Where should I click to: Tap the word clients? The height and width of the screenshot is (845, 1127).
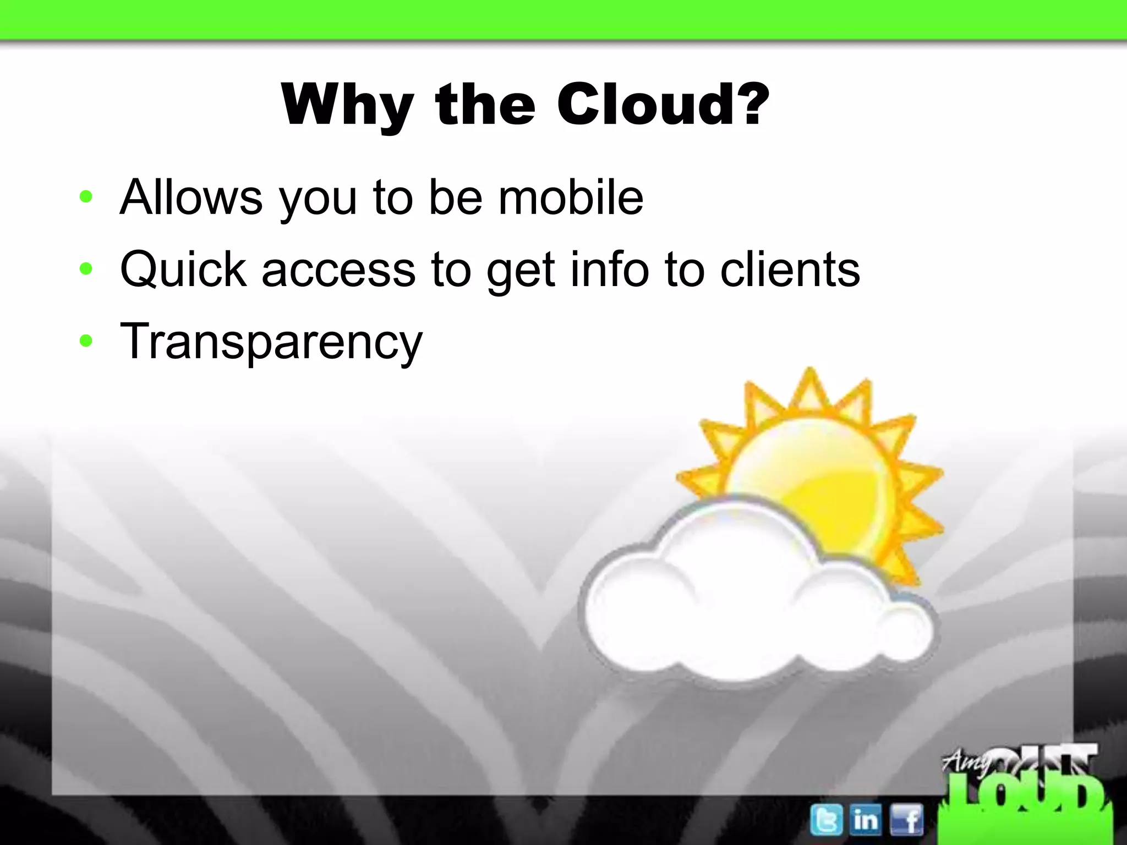[x=790, y=270]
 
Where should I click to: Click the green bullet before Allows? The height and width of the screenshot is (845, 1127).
[x=86, y=196]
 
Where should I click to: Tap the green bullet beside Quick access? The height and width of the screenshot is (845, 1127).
[x=86, y=268]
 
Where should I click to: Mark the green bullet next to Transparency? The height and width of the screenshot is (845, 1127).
[x=86, y=341]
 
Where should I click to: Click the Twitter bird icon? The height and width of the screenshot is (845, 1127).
[x=826, y=820]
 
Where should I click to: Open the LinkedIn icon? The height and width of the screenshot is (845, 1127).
[x=866, y=820]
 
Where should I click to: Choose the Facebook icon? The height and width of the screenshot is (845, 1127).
[x=906, y=820]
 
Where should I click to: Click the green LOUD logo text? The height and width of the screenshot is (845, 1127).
[x=1024, y=798]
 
